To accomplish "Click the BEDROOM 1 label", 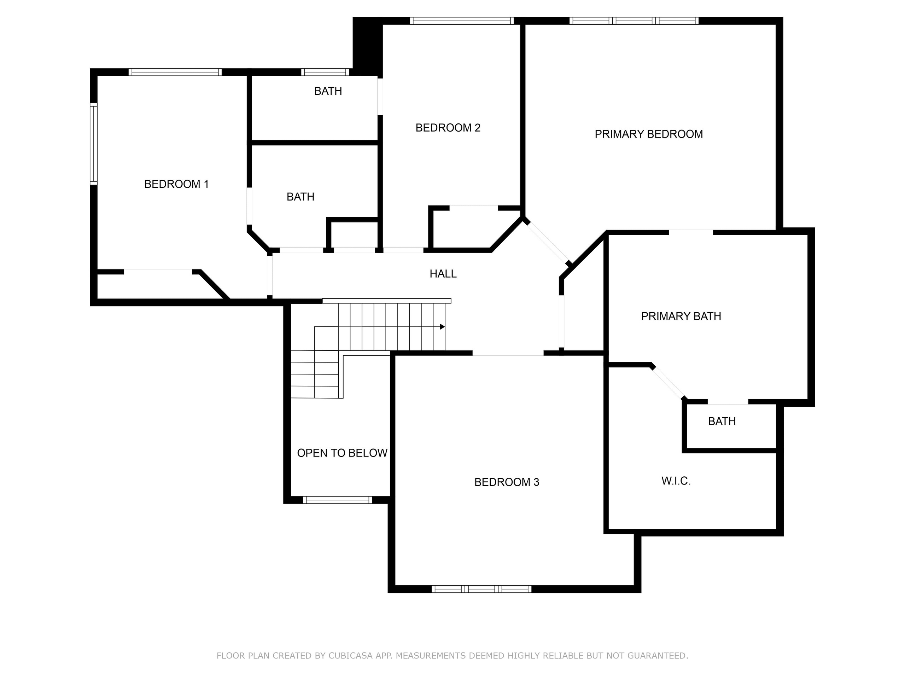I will click(176, 184).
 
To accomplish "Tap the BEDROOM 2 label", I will click(448, 128).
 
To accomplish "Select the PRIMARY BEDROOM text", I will click(648, 134).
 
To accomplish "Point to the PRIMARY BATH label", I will click(681, 317).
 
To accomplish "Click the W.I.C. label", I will click(676, 481).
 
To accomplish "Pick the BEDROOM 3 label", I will click(507, 482).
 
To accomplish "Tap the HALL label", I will click(443, 274).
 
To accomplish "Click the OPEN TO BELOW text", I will click(342, 453).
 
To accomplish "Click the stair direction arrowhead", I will click(442, 327).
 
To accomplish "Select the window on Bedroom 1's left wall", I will click(94, 143).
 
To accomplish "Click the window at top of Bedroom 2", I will click(461, 21).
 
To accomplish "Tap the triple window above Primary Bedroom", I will click(634, 21).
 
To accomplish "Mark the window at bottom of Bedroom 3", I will click(481, 589).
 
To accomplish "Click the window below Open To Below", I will click(337, 500).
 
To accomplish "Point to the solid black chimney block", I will click(367, 46).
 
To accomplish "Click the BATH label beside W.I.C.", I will click(722, 421).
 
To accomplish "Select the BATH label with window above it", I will click(328, 91).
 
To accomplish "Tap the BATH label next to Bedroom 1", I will click(300, 197).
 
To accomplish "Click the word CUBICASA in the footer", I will click(350, 656).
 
